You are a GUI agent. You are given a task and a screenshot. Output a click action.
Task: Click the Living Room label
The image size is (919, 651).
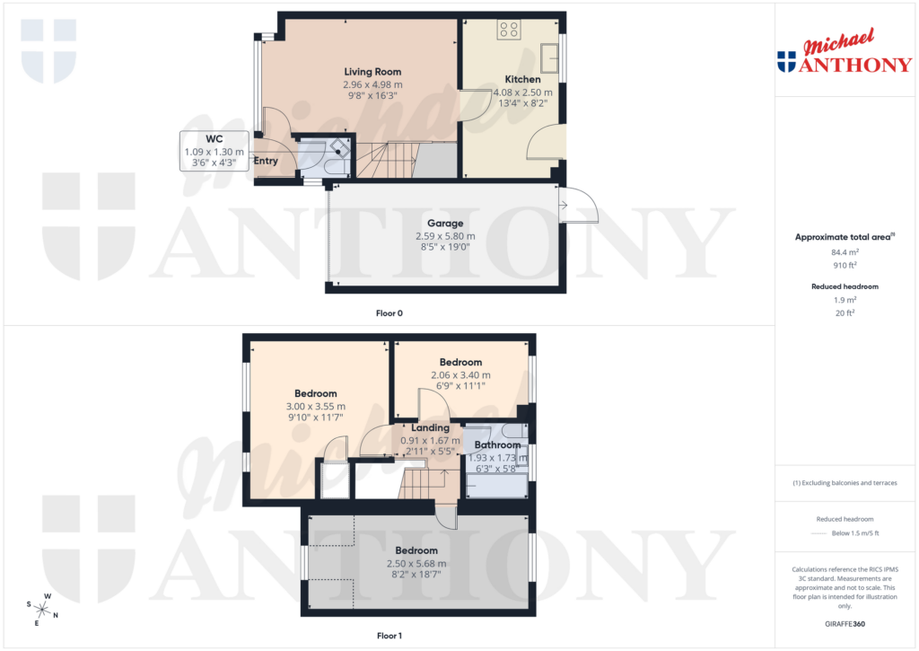tap(372, 72)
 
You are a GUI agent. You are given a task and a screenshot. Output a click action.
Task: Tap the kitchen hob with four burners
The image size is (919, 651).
tap(510, 29)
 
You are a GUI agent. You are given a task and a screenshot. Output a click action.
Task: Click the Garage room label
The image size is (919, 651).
tap(445, 224)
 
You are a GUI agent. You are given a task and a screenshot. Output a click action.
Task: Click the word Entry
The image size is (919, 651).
tap(266, 162)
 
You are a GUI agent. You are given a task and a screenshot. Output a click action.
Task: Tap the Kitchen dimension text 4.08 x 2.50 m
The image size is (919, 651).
tap(522, 92)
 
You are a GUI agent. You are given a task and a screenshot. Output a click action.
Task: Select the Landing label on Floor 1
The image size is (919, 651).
tap(430, 427)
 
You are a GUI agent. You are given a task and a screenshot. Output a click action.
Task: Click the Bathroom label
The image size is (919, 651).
tap(497, 444)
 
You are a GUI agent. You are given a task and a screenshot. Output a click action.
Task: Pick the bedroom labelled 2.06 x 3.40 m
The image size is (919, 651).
tap(460, 363)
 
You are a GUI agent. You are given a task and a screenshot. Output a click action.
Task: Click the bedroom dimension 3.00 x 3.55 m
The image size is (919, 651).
tap(316, 406)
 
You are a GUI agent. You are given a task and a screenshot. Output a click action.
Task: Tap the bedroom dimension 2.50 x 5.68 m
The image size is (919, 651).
tap(416, 563)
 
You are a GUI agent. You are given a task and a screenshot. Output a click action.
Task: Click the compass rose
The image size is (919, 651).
tap(41, 610)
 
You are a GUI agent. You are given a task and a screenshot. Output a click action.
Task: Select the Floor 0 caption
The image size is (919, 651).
tap(389, 313)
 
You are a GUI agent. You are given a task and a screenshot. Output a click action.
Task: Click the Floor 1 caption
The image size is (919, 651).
tap(389, 636)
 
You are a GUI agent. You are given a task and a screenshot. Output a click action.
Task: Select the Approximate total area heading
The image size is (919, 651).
tap(845, 237)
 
